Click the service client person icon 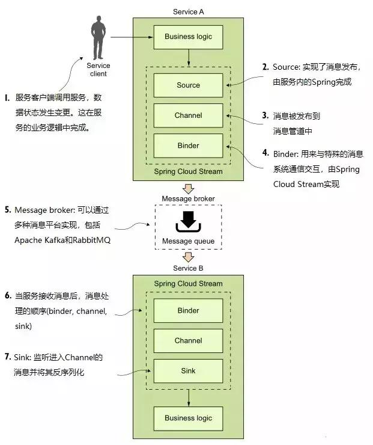point(98,38)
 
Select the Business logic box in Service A point(188,37)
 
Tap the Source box point(188,85)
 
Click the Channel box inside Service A point(188,115)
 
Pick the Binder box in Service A point(188,146)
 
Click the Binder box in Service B point(188,311)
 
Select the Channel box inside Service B point(188,340)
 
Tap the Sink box point(188,371)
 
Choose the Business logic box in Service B point(188,418)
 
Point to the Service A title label point(188,12)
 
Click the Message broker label point(188,198)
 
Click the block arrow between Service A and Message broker point(188,187)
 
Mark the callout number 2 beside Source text point(265,67)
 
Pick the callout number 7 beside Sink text point(8,357)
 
